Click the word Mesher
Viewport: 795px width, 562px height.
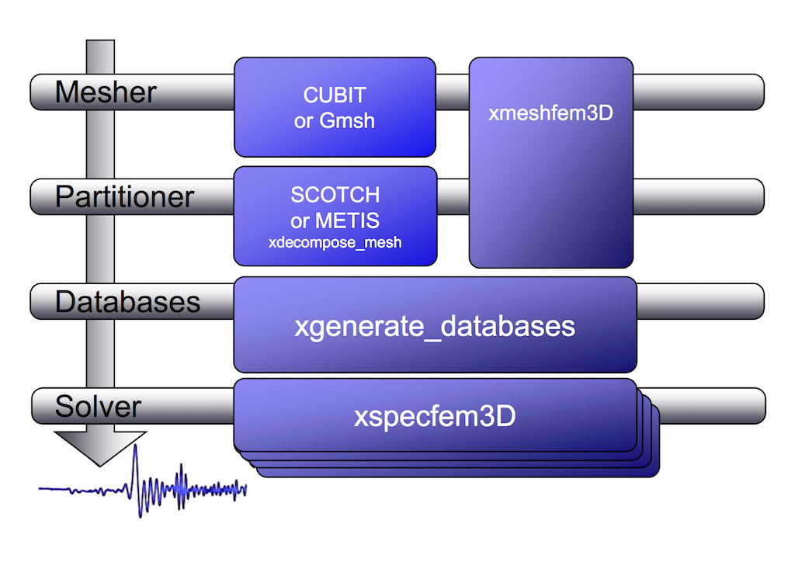pyautogui.click(x=106, y=92)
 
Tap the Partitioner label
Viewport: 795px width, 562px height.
pyautogui.click(x=124, y=196)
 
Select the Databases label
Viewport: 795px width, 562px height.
pyautogui.click(x=127, y=301)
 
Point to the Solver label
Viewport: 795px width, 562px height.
pyautogui.click(x=98, y=406)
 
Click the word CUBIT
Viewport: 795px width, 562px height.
pyautogui.click(x=335, y=95)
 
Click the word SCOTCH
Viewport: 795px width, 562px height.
pyautogui.click(x=335, y=194)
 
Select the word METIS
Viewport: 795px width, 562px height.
pyautogui.click(x=347, y=220)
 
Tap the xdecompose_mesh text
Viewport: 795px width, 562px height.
pyautogui.click(x=335, y=242)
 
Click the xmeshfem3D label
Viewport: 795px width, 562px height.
pyautogui.click(x=550, y=113)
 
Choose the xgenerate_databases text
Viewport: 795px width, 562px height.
pyautogui.click(x=435, y=325)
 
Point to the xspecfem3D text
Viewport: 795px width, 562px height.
pyautogui.click(x=435, y=417)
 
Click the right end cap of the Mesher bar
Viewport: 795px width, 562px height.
pyautogui.click(x=757, y=92)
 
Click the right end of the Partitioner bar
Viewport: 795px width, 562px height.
pyautogui.click(x=757, y=196)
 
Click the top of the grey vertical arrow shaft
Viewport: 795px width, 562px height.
pyautogui.click(x=100, y=45)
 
